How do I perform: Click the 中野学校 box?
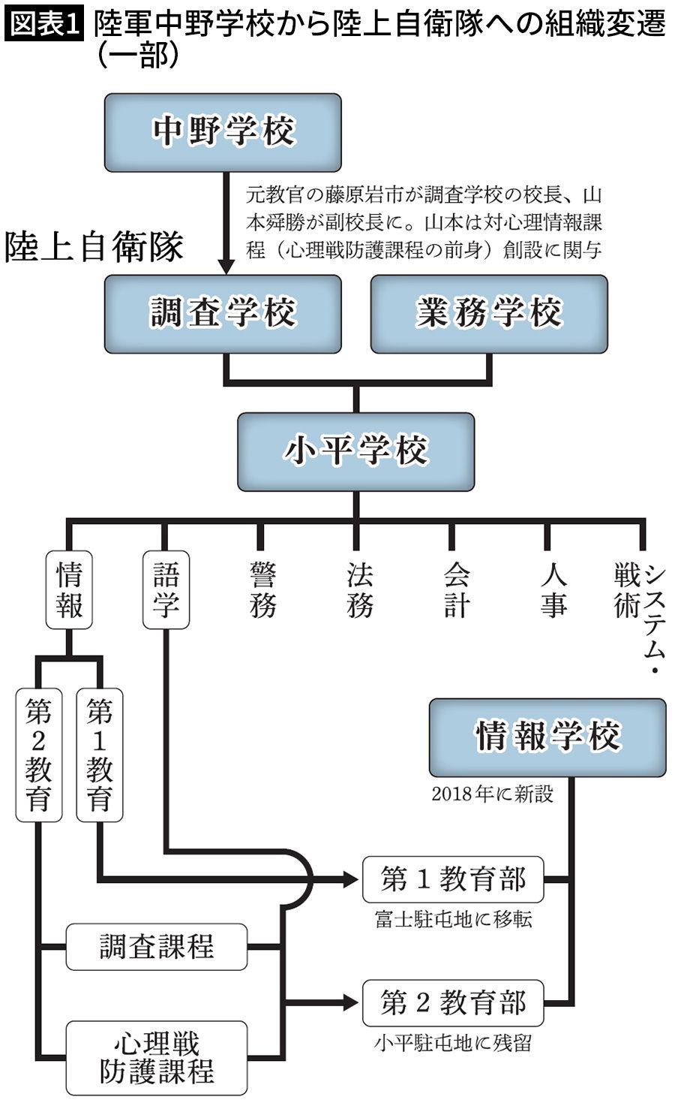point(223,132)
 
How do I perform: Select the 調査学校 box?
point(223,314)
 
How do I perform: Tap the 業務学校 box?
point(489,314)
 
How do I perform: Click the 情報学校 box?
point(547,737)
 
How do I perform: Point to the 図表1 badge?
point(43,23)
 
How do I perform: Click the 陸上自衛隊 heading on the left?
point(94,247)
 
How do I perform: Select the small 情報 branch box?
point(69,590)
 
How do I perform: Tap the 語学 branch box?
point(166,590)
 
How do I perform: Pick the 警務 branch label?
point(262,590)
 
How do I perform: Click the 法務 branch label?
point(359,590)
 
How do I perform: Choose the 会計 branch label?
point(456,590)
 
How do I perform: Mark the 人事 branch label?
point(553,590)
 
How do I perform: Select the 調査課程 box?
point(157,947)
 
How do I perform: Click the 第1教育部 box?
point(453,879)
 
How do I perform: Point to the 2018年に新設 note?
point(492,794)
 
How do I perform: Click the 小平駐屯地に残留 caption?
point(453,1043)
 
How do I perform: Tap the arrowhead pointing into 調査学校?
point(225,267)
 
